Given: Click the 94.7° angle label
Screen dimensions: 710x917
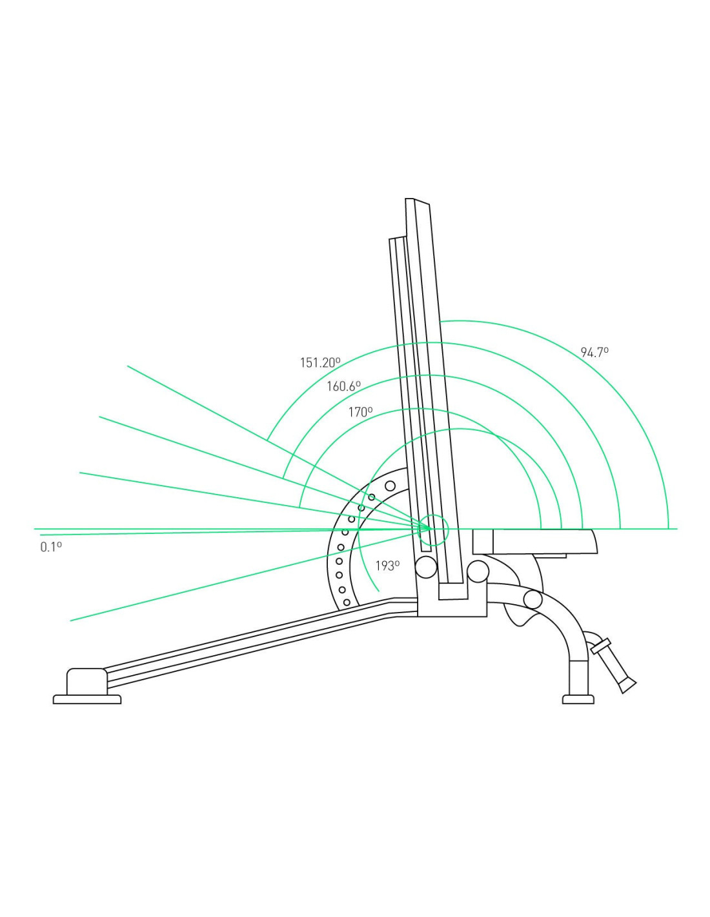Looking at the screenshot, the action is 594,352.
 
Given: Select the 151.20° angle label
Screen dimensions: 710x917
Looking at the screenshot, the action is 319,362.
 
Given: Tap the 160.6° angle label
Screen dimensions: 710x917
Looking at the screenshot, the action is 343,386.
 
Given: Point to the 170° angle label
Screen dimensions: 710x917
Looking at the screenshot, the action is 360,412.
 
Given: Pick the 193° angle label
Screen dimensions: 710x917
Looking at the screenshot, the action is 388,566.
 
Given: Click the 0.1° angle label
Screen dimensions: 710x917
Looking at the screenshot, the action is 51,547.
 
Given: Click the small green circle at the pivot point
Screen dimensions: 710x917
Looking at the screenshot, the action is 432,528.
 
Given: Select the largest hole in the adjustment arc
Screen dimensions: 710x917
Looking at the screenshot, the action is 391,486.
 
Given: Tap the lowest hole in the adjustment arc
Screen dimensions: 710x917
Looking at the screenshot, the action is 347,602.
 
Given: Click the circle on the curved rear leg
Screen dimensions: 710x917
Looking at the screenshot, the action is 532,600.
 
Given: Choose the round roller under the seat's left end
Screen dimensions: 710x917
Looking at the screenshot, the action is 478,571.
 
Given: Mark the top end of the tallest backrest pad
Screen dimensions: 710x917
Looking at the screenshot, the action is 418,201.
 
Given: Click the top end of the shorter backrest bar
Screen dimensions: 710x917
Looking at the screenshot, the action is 397,239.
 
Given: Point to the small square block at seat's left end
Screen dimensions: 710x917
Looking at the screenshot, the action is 483,542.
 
